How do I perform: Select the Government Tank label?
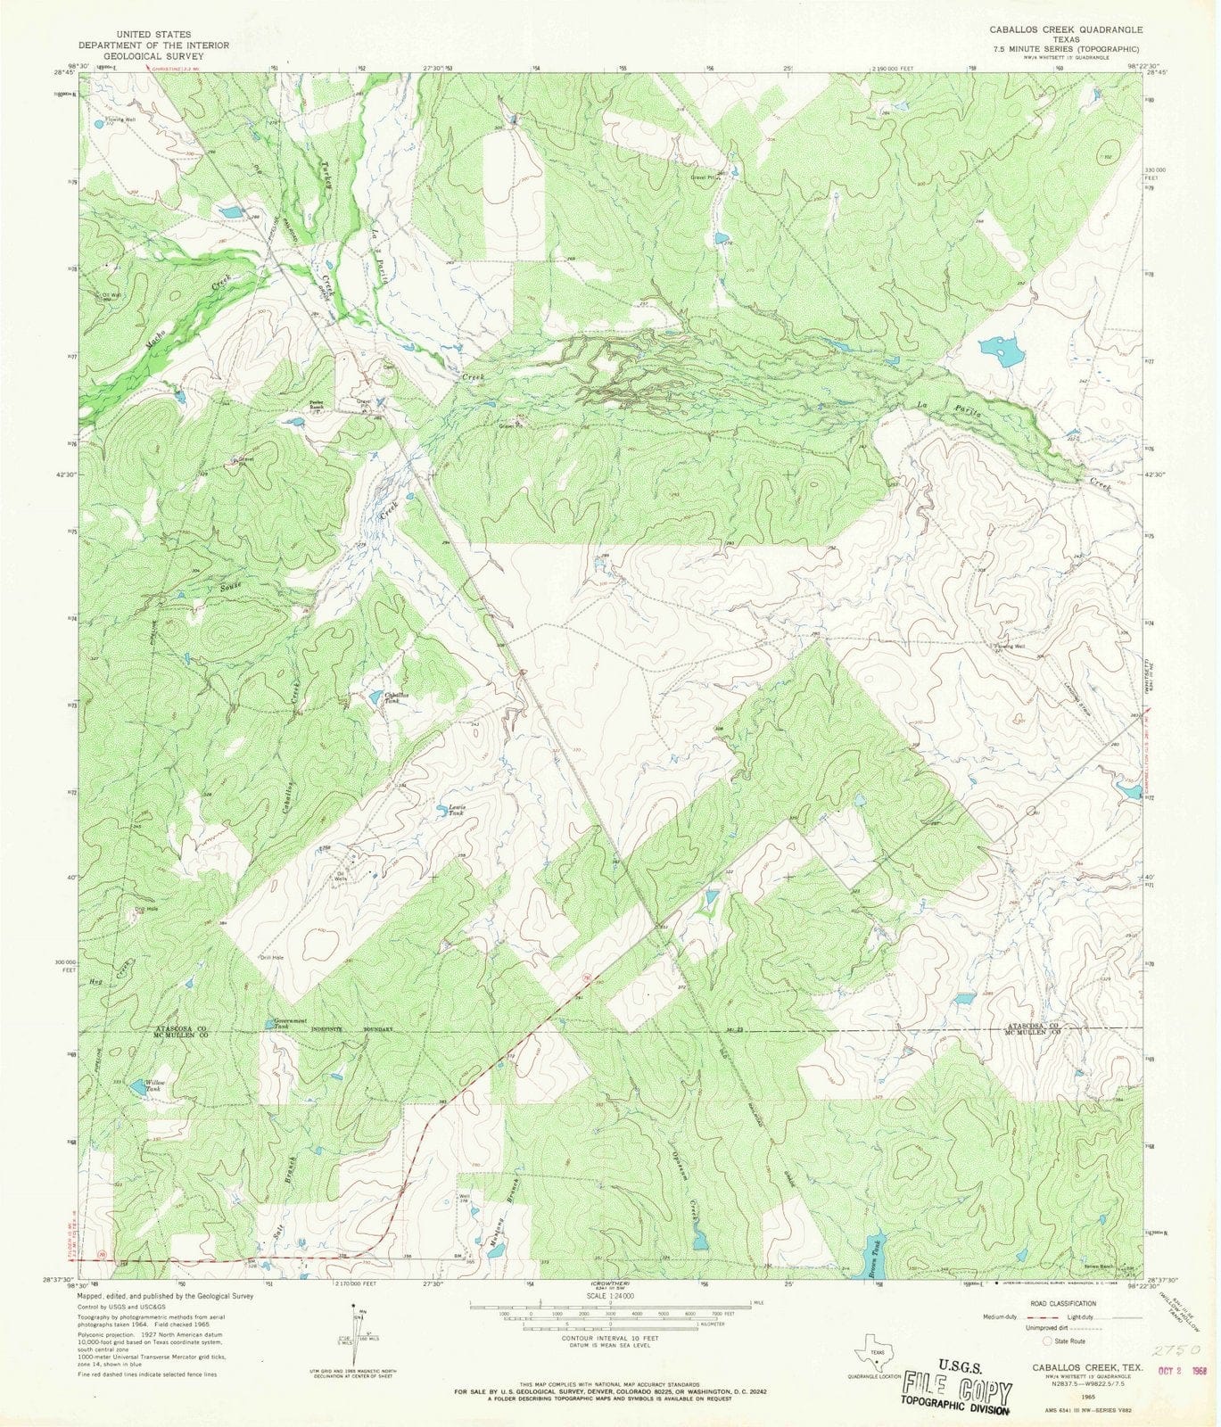point(291,1024)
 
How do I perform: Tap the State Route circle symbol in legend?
point(1047,1340)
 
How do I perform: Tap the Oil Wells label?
point(341,876)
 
